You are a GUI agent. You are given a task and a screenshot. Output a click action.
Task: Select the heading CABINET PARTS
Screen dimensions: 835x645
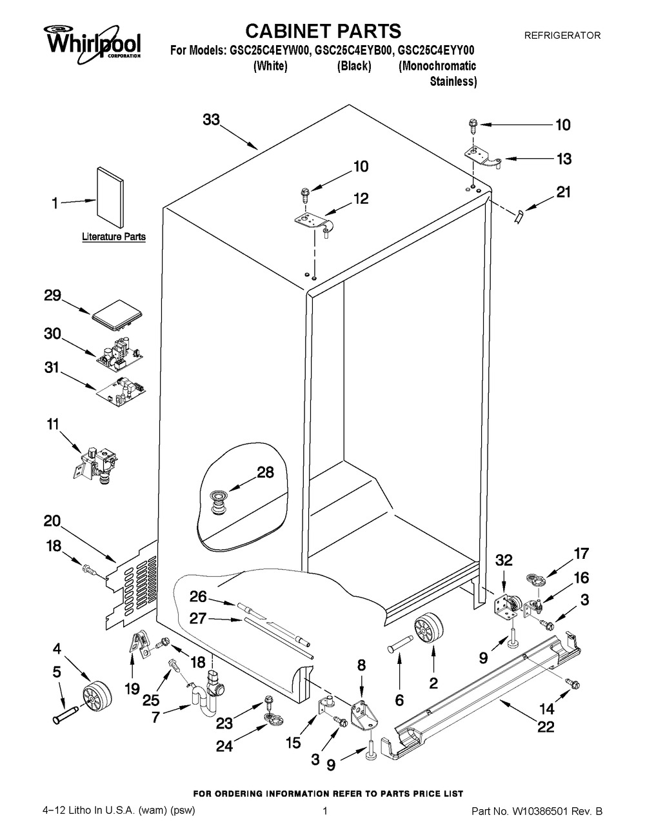tap(324, 30)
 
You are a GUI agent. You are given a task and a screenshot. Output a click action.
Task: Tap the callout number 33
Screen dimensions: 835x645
tap(212, 120)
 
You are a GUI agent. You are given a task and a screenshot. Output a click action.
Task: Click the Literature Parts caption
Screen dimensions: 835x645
tap(114, 237)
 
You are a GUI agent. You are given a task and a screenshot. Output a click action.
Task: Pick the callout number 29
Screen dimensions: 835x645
tap(53, 297)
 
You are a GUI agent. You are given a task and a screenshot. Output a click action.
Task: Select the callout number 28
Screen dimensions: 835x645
tap(266, 472)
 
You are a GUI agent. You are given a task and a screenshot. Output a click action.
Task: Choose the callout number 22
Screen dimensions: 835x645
tap(546, 727)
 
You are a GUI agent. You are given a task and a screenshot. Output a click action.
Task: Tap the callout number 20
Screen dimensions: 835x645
tap(52, 521)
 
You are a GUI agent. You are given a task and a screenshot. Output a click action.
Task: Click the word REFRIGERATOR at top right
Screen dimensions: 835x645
tap(562, 36)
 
